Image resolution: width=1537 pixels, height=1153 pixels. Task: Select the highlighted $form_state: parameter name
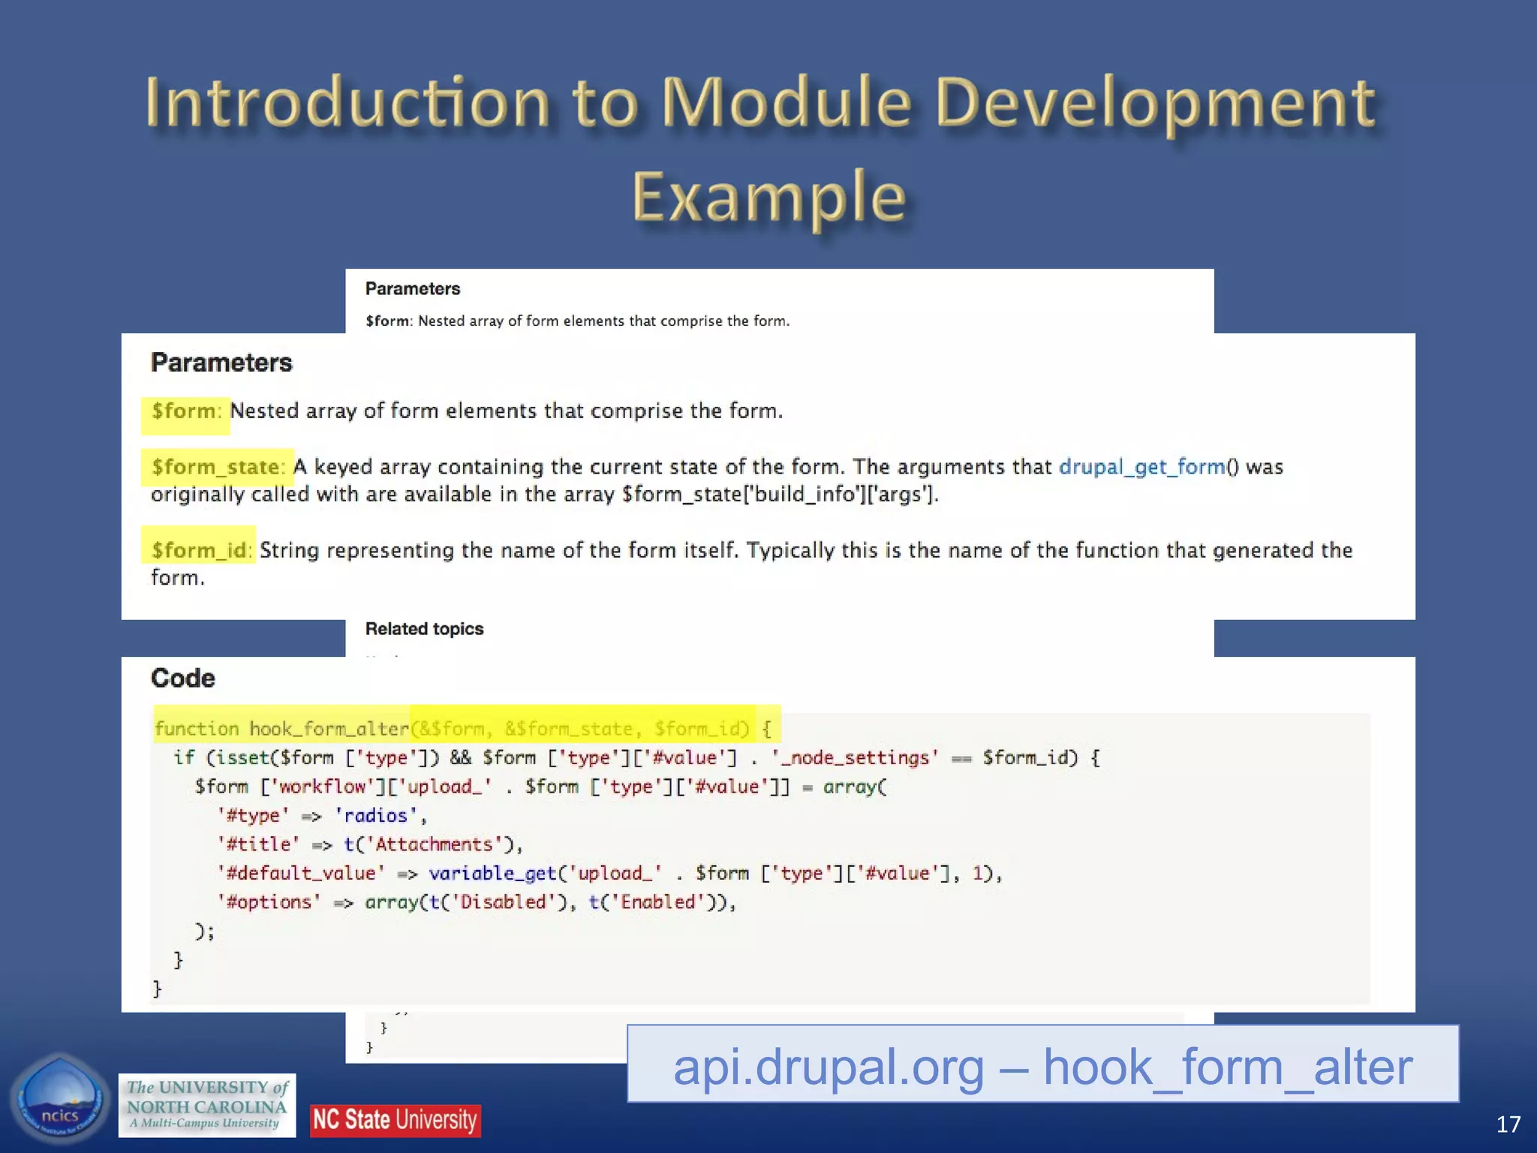(218, 467)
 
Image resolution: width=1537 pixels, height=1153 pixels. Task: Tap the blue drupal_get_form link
(1141, 467)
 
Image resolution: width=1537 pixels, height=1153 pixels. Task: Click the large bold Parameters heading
(221, 363)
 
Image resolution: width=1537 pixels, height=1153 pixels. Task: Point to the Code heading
(182, 678)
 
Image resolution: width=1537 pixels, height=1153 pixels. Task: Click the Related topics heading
(424, 629)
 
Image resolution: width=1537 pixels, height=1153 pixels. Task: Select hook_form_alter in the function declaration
(329, 729)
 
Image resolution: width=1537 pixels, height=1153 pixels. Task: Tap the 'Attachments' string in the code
(433, 844)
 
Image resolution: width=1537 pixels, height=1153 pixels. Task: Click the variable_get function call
(492, 873)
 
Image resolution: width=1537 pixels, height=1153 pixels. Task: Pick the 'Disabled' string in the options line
(503, 902)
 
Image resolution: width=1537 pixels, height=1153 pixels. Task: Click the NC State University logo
(395, 1120)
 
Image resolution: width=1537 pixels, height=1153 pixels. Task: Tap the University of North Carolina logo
(207, 1105)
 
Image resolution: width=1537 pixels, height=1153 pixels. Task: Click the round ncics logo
(59, 1100)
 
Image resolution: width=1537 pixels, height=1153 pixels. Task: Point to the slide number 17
(1508, 1124)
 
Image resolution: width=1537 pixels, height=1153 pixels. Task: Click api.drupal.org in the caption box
(828, 1067)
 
